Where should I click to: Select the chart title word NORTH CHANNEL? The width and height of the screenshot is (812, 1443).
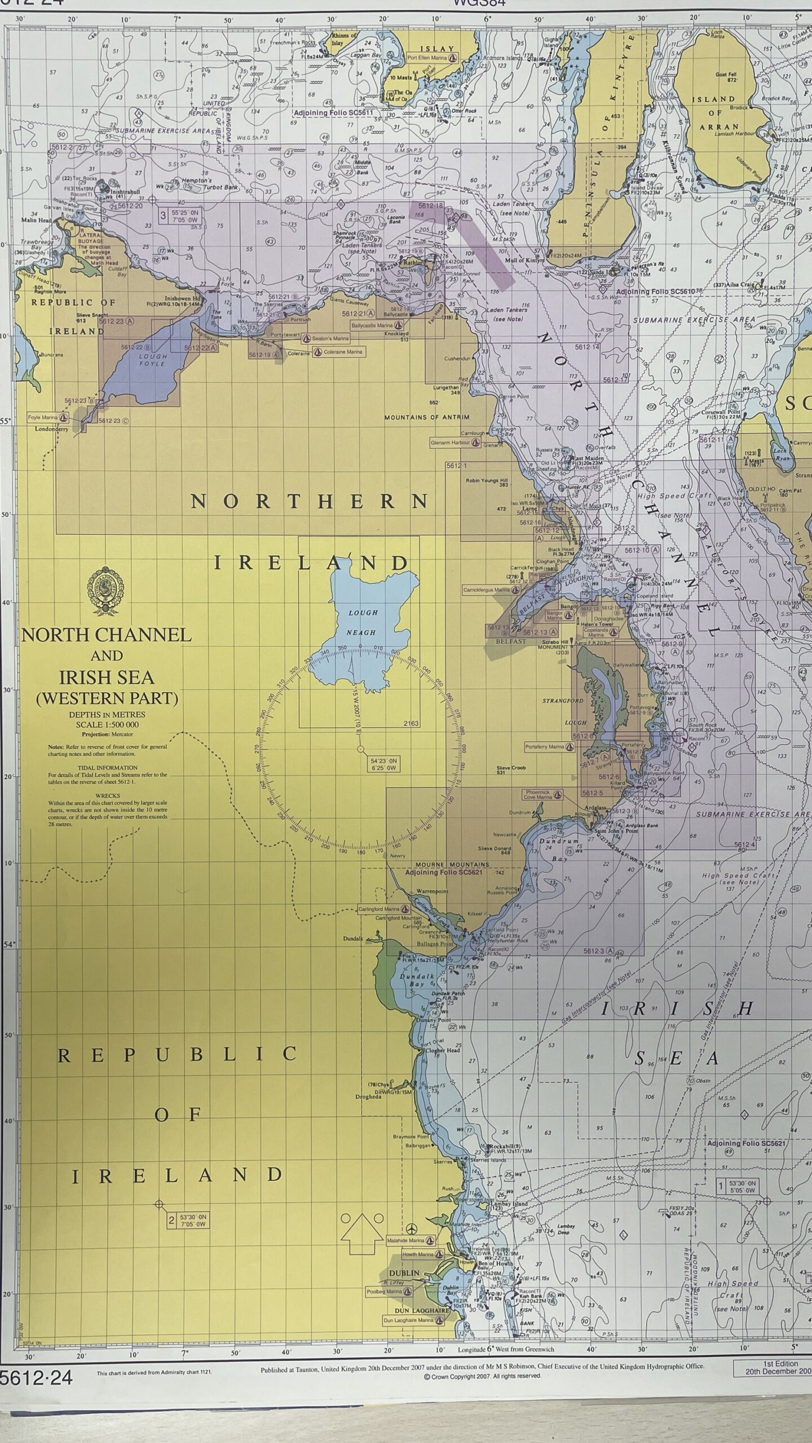pyautogui.click(x=107, y=635)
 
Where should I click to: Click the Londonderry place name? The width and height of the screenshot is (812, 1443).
pyautogui.click(x=51, y=429)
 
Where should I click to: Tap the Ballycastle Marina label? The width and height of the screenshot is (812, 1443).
pyautogui.click(x=376, y=325)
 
